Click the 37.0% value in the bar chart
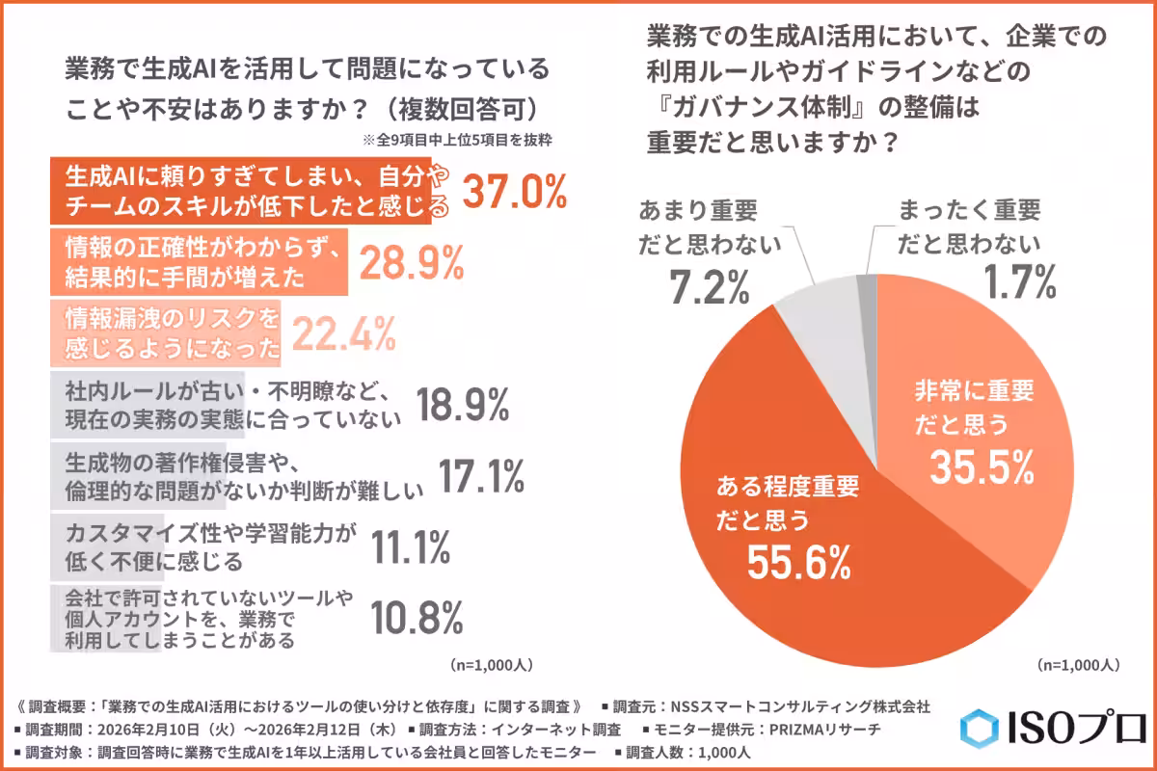tap(515, 192)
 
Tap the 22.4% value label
tap(343, 333)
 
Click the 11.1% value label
tap(411, 547)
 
